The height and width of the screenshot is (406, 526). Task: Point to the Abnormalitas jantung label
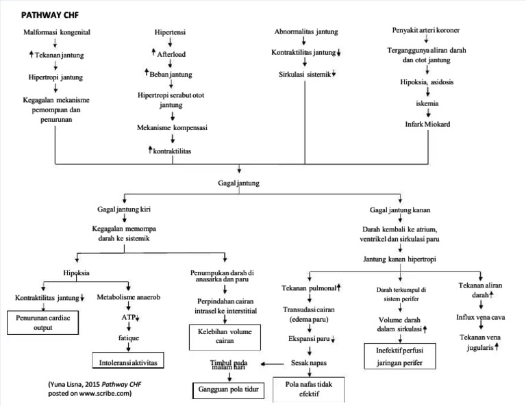pos(305,31)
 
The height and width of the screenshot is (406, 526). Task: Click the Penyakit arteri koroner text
pos(426,31)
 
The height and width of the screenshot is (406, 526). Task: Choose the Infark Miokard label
pos(427,124)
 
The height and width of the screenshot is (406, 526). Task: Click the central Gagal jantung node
pos(239,183)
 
